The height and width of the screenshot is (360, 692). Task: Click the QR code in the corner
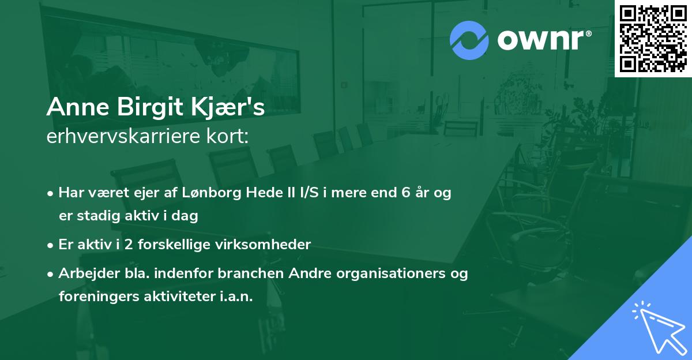click(653, 38)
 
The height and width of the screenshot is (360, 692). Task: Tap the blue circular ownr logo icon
click(469, 40)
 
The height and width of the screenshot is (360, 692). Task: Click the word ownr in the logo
click(542, 40)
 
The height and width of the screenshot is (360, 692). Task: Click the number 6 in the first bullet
click(407, 193)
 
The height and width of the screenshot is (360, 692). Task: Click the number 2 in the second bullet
click(127, 245)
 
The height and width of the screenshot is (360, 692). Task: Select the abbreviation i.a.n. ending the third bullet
click(235, 297)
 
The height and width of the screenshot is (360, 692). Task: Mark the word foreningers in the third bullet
click(94, 297)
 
